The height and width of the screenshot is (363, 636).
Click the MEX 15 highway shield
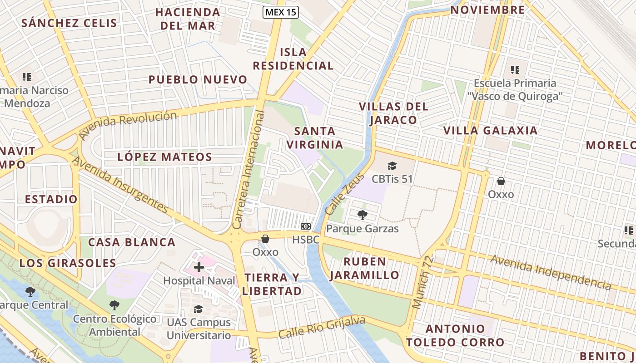coord(281,12)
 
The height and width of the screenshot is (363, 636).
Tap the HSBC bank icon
coord(306,226)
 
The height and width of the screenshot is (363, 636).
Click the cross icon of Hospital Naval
coord(199,267)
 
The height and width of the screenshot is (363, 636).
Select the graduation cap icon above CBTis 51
coord(392,166)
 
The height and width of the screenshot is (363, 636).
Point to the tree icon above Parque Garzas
coord(362,215)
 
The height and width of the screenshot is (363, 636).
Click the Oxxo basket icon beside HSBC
coord(265,238)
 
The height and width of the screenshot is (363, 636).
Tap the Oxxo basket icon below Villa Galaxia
coord(501,181)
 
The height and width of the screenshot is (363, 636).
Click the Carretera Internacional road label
coord(248,170)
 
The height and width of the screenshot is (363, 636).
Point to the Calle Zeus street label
coord(338,194)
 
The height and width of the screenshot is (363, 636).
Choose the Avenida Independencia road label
coord(551,272)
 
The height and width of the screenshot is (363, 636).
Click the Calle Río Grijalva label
coord(322,327)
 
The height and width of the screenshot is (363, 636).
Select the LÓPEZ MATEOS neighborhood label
coord(165,157)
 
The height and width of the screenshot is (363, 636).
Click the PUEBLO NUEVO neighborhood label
coord(198,80)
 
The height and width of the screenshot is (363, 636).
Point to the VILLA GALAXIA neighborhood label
coord(490,131)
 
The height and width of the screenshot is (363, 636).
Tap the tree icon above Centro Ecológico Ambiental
coord(114,305)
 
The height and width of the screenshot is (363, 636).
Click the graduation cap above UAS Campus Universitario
coord(199,309)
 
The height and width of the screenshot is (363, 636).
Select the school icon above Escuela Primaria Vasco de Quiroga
coord(515,70)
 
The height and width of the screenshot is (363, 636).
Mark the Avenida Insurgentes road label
coord(120,185)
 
